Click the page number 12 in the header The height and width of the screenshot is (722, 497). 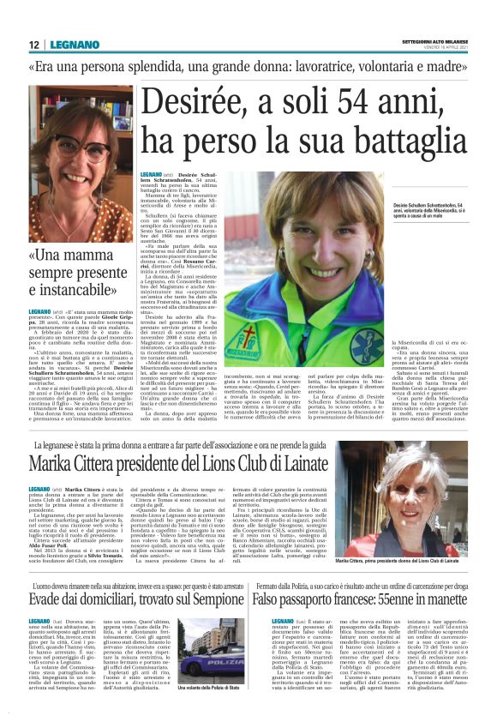click(33, 45)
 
